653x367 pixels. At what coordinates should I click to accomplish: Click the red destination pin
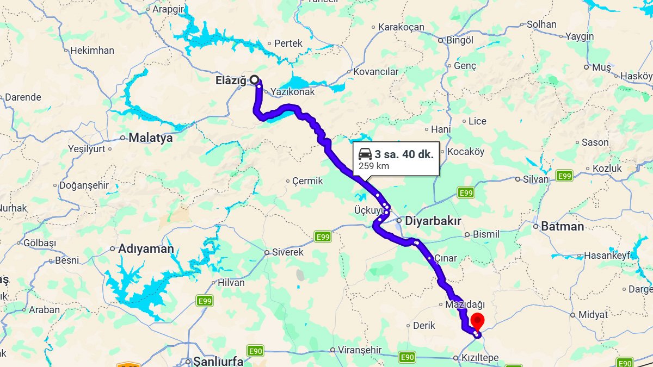point(477,321)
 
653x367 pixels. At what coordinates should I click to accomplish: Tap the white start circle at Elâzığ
point(254,80)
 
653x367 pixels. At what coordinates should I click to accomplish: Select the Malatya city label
point(150,138)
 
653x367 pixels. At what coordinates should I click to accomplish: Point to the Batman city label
point(562,226)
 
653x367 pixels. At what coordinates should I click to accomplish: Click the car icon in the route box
point(365,154)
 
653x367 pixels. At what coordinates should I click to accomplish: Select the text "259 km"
point(374,166)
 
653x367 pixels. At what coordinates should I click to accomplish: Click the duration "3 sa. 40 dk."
point(404,154)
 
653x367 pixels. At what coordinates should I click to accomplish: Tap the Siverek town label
point(287,252)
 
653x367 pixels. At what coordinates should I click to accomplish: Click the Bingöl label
point(460,40)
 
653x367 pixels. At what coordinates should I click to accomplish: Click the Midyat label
point(593,315)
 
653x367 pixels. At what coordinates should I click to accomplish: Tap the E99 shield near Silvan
point(564,176)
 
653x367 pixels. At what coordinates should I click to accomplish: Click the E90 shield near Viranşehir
point(407,357)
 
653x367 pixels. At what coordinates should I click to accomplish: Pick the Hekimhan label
point(93,51)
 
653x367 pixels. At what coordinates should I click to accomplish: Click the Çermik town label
point(307,181)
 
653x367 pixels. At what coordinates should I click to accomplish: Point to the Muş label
point(602,67)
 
